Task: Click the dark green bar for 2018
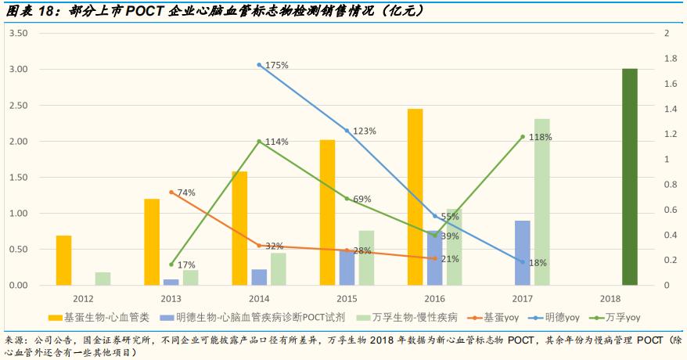coord(629,177)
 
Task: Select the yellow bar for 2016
coord(415,197)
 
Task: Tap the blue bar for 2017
coord(523,253)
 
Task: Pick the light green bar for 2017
coord(541,202)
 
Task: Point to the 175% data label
coord(277,65)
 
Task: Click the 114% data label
coord(277,142)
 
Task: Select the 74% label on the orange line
coord(186,193)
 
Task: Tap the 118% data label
coord(541,137)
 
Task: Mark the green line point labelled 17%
coord(171,265)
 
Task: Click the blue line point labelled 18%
coord(523,261)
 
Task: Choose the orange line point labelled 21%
coord(435,258)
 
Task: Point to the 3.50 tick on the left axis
coord(19,33)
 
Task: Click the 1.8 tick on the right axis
coord(670,59)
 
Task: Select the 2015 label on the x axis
coord(347,298)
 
